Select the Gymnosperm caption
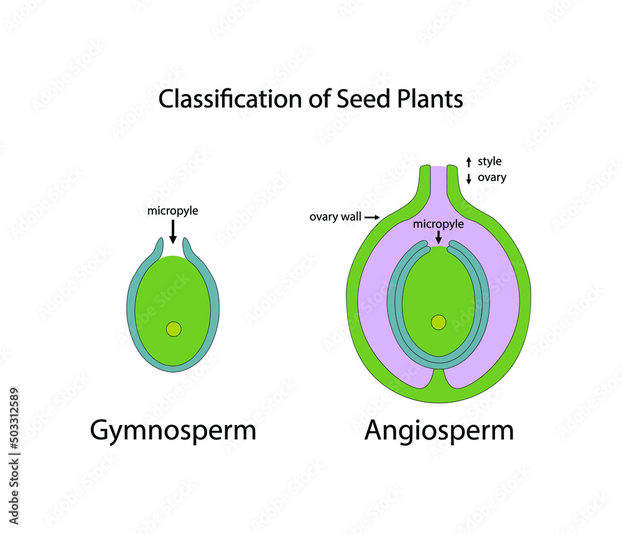click(x=173, y=431)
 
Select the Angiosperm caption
click(x=439, y=431)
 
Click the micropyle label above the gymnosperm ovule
click(x=172, y=211)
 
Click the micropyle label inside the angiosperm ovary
click(x=438, y=224)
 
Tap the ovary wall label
click(x=335, y=217)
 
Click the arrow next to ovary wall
click(x=372, y=217)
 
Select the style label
click(x=490, y=162)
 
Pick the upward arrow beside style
click(x=468, y=162)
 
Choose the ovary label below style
click(x=492, y=177)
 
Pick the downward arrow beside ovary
click(x=468, y=179)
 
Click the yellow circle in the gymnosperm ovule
click(x=174, y=329)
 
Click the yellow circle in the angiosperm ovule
click(x=439, y=322)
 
